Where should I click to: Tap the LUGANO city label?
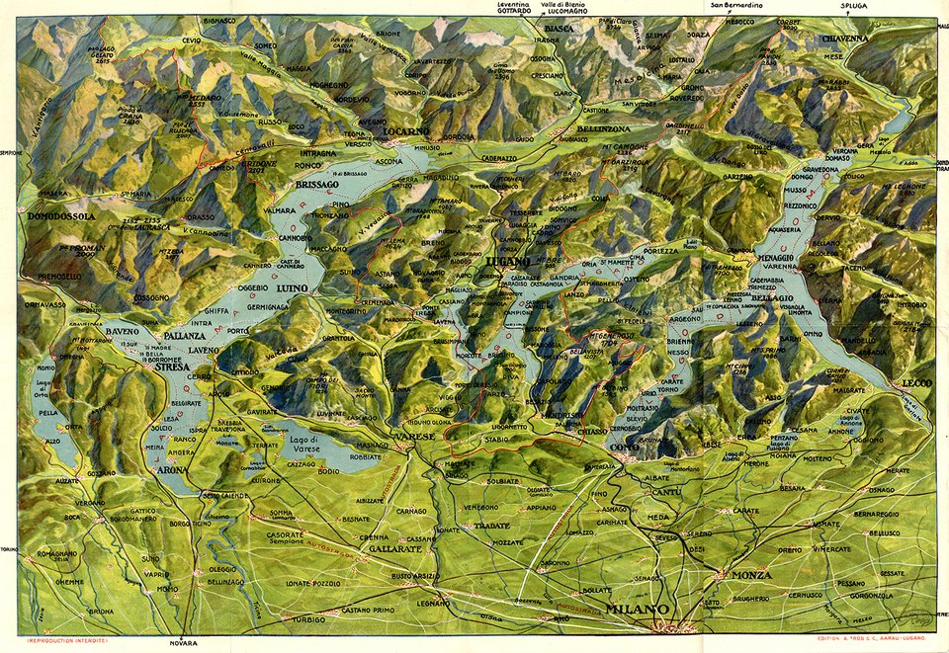(x=509, y=261)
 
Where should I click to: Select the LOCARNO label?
(x=407, y=130)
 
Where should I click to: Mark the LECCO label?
(x=909, y=382)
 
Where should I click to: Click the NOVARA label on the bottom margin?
(x=183, y=643)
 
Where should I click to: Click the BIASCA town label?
(x=559, y=29)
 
